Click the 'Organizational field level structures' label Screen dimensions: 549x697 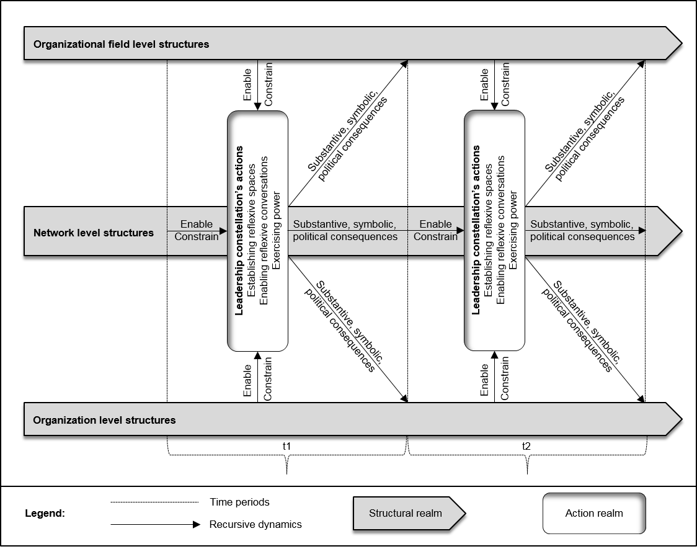tap(121, 45)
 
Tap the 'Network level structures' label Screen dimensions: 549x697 tap(94, 233)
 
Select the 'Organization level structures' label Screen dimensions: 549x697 tap(104, 421)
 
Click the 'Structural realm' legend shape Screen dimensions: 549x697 tap(406, 513)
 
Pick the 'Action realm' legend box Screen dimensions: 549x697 tap(594, 513)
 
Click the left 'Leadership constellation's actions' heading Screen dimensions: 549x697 tap(239, 231)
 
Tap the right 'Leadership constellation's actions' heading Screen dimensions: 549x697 tap(476, 231)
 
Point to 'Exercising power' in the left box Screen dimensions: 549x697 tap(277, 231)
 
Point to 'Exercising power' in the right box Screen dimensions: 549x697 tap(513, 231)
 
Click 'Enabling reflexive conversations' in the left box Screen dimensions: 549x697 tap(264, 231)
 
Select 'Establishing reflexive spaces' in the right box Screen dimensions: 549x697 tap(489, 231)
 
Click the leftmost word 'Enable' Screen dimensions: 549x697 tap(197, 225)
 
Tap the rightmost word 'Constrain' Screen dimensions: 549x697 tap(435, 237)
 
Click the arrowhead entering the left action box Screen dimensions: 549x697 tap(224, 231)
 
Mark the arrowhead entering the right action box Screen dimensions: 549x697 tap(461, 231)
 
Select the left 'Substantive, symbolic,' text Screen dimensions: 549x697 tap(345, 225)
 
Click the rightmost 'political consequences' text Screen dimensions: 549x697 tap(582, 237)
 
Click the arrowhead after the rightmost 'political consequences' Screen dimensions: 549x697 tap(642, 231)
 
